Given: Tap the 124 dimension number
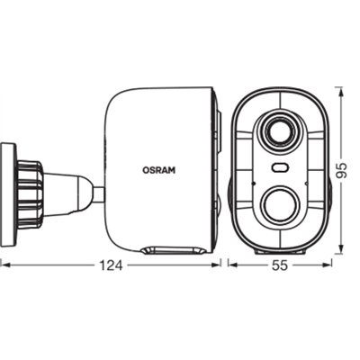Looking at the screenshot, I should click(x=112, y=265).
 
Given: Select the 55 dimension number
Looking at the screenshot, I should click(x=279, y=265).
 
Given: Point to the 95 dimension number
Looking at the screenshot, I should click(x=341, y=170).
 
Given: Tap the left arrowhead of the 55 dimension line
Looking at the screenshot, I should click(x=230, y=265).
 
